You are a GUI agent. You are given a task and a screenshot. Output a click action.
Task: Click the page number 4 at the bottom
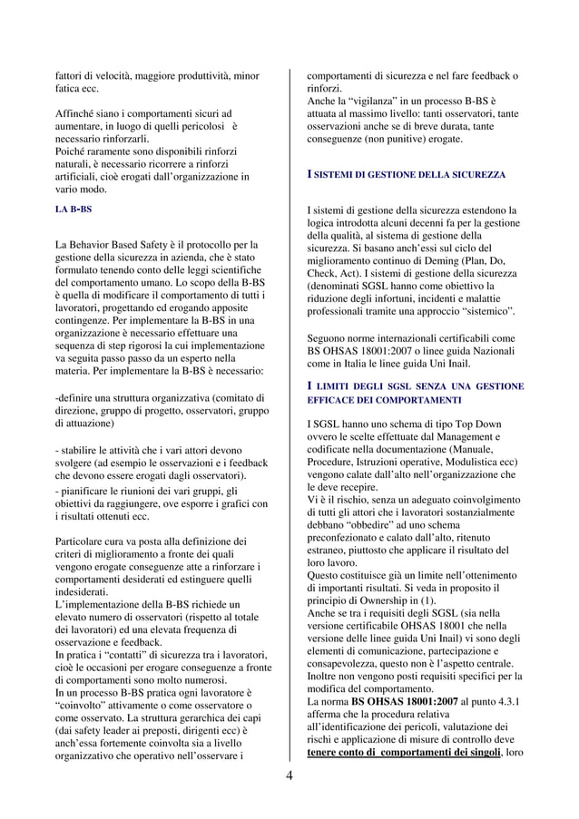click(289, 775)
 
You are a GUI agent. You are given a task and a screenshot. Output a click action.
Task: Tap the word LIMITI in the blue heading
click(336, 386)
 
